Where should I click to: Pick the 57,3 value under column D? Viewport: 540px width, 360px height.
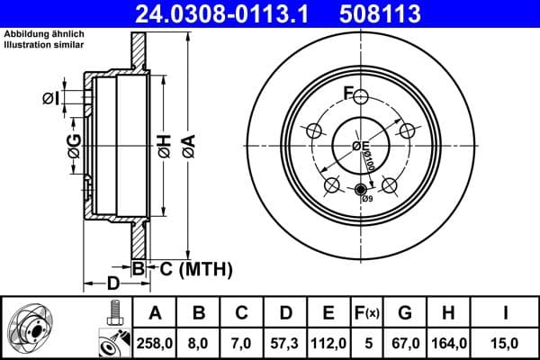click(x=286, y=342)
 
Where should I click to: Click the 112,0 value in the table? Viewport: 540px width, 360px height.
click(x=329, y=342)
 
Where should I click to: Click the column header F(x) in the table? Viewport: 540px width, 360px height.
click(x=369, y=314)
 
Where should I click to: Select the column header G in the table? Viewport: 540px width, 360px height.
click(x=406, y=314)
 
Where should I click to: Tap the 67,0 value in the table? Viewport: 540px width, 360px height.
click(x=406, y=342)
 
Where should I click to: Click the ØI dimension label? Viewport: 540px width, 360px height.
click(x=50, y=98)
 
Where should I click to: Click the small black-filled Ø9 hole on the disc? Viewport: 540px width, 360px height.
click(x=361, y=189)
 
